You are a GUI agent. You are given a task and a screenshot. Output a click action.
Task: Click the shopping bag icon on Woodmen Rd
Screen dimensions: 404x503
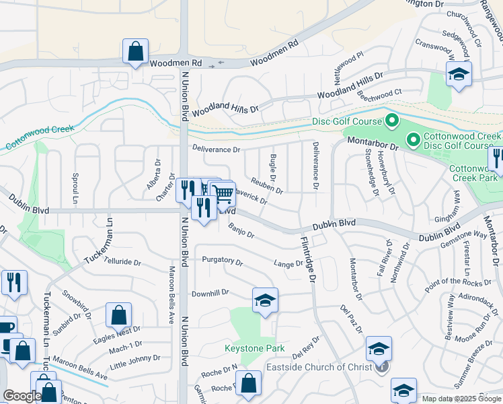[135, 52]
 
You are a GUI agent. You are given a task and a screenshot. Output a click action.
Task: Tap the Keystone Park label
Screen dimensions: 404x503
[254, 349]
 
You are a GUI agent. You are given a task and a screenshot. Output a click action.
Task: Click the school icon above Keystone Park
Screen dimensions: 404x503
[265, 300]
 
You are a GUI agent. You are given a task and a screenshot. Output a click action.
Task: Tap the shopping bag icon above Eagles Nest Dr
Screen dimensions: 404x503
[118, 315]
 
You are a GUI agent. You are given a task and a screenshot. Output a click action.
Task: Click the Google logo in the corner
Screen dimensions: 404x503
[21, 396]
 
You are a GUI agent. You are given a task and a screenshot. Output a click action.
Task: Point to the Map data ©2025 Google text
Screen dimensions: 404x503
[461, 399]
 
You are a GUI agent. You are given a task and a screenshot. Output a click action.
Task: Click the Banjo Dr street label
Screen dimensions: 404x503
[241, 231]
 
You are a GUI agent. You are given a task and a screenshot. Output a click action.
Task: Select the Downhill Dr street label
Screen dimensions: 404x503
[210, 294]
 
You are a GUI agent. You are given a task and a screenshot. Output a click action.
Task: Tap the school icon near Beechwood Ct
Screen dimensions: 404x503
[459, 74]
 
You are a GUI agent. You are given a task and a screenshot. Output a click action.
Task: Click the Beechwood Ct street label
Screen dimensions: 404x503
[380, 94]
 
